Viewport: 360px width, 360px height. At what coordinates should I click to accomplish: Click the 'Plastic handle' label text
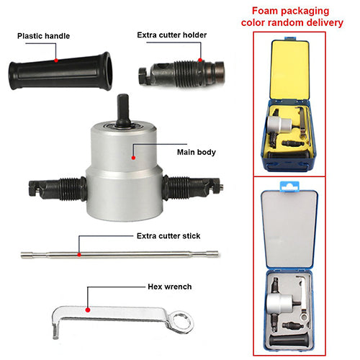(43, 36)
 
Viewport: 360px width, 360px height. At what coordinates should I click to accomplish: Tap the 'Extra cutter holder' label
(172, 35)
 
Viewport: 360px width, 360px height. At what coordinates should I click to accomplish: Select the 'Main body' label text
(197, 152)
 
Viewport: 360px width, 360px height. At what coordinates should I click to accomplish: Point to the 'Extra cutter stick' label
(168, 236)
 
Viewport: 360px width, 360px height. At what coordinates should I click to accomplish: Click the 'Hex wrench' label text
(170, 287)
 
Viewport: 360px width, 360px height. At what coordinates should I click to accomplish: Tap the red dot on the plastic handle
(56, 60)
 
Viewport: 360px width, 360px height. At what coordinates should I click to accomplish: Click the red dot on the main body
(133, 158)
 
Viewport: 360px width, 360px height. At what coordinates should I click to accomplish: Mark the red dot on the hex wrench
(88, 310)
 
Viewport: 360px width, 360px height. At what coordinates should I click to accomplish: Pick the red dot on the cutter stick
(79, 255)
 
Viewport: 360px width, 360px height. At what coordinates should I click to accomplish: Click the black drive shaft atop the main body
(123, 110)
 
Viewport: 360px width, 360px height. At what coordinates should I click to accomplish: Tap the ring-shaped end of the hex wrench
(181, 322)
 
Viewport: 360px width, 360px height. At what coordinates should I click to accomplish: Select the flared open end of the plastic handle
(107, 71)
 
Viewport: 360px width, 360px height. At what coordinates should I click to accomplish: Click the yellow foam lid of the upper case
(289, 70)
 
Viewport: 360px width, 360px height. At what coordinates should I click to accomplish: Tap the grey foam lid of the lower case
(289, 230)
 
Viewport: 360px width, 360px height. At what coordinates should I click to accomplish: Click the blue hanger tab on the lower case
(289, 186)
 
